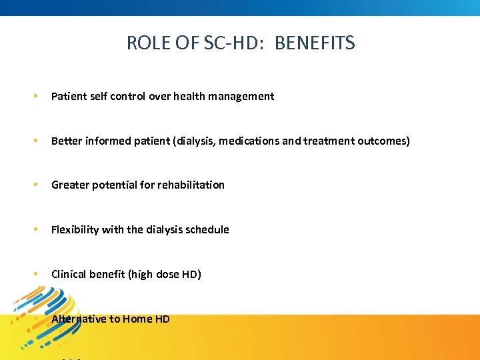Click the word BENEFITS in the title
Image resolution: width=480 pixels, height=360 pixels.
(x=315, y=44)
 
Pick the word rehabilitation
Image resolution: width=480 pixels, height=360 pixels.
(x=191, y=185)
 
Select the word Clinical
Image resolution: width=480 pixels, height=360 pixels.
(x=69, y=274)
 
